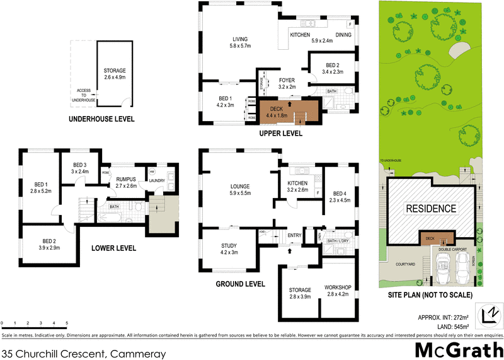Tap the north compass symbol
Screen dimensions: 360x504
490,314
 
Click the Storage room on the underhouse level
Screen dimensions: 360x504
115,74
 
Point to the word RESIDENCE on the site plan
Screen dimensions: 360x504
430,209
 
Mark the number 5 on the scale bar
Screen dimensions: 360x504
66,323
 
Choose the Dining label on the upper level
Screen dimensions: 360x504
343,35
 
